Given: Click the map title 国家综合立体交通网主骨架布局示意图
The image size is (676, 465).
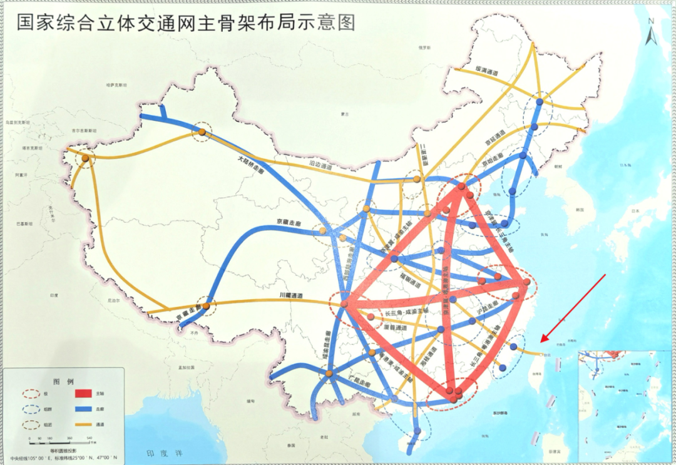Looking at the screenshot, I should [x=185, y=23].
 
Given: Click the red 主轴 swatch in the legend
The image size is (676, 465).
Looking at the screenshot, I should [x=83, y=394].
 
